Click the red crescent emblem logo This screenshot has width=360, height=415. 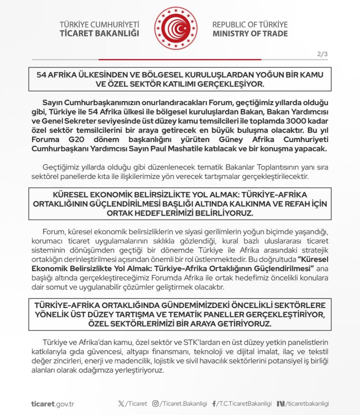(180, 28)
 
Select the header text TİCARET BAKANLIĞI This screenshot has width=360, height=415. (99, 34)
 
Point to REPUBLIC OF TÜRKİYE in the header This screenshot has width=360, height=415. (250, 24)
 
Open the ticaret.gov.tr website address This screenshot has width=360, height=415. (52, 403)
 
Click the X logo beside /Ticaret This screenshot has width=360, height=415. (120, 403)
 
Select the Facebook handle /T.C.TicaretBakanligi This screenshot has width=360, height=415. (244, 403)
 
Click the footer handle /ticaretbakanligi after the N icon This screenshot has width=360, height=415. (308, 403)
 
